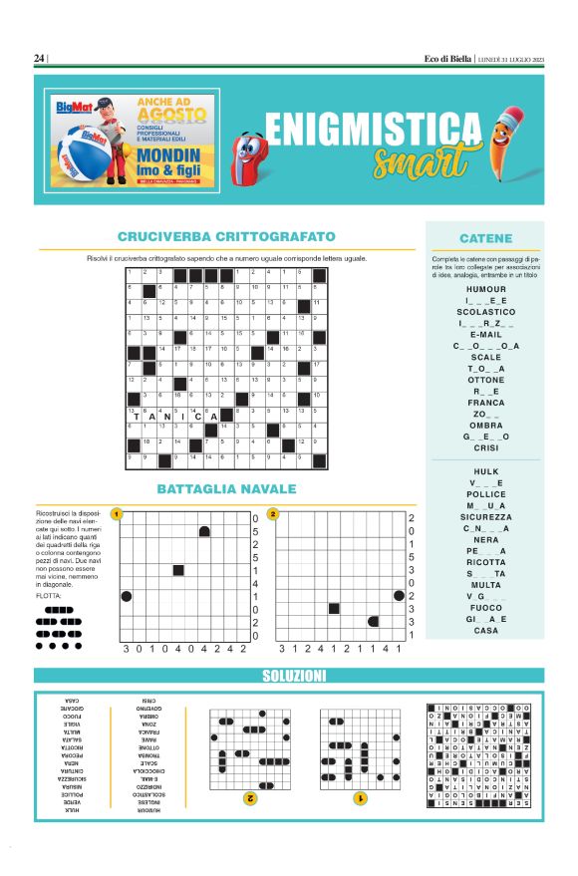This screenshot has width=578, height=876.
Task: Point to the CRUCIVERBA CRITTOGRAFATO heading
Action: pos(226,237)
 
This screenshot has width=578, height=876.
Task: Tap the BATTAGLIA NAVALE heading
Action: pos(226,489)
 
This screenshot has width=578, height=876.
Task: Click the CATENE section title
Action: pos(485,239)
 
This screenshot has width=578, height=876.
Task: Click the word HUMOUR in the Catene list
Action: pos(485,289)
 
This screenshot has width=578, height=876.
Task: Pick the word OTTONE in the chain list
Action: pos(485,380)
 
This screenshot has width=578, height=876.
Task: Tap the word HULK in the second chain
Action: pos(485,471)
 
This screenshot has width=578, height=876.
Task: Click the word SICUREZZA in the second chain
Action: pos(485,517)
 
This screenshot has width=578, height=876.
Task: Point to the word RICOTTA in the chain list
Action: pos(485,563)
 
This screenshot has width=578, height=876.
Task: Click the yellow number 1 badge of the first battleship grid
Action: pos(117,514)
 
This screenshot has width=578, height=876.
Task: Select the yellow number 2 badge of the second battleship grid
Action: pos(272,514)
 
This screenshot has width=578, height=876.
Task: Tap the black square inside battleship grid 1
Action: pos(178,570)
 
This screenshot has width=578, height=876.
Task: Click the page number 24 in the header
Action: pos(39,59)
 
